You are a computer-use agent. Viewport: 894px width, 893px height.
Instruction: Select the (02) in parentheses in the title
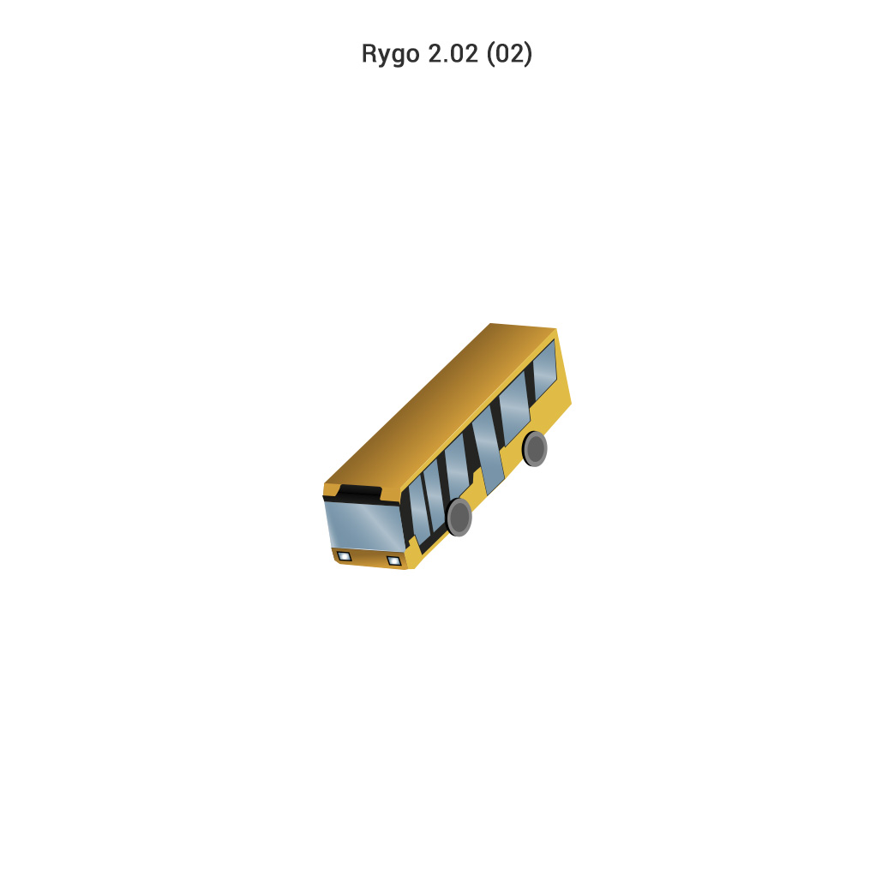tap(509, 54)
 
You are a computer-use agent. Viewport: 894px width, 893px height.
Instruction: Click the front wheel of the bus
tap(459, 517)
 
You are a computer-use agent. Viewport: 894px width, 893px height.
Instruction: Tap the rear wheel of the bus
tap(535, 449)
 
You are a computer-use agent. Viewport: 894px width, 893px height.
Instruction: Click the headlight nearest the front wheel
tap(394, 560)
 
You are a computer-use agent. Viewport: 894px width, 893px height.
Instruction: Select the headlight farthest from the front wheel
tap(344, 556)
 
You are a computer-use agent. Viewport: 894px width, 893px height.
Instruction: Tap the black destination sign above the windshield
tap(360, 492)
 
